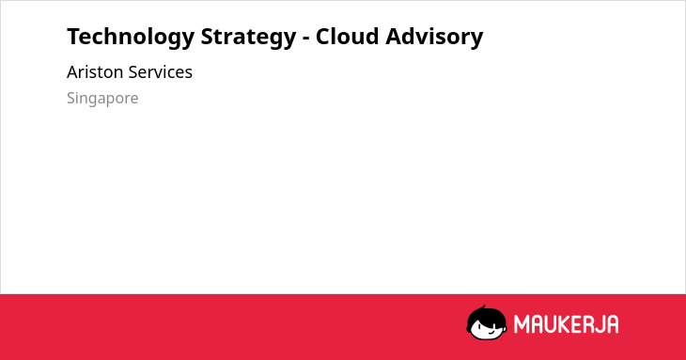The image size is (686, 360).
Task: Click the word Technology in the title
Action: (131, 38)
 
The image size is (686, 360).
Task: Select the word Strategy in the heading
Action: (248, 38)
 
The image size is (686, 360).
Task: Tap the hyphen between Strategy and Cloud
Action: (306, 39)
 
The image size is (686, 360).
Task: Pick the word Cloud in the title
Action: (347, 37)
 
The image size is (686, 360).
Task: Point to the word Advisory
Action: (434, 38)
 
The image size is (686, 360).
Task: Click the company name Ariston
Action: (95, 72)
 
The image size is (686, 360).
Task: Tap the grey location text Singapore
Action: (102, 99)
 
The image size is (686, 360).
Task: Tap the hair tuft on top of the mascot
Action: (483, 307)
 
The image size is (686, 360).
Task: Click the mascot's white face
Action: (489, 329)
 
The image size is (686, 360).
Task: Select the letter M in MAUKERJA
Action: (522, 324)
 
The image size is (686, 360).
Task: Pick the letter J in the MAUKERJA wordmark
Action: (600, 324)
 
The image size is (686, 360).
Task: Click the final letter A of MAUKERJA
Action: (613, 324)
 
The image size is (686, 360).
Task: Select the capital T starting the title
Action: (73, 37)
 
